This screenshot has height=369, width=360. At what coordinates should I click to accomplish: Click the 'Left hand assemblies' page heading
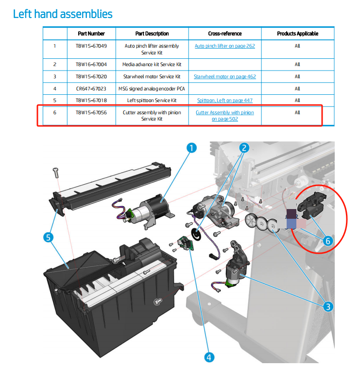coord(63,14)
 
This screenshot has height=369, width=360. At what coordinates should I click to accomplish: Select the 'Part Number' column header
coord(91,34)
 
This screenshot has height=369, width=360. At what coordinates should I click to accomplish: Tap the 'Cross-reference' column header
coord(224,34)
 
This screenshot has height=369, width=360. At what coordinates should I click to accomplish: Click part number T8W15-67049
coord(91,46)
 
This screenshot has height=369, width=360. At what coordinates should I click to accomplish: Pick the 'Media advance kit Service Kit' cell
coord(152,64)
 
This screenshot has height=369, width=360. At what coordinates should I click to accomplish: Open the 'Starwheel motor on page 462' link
coord(224,76)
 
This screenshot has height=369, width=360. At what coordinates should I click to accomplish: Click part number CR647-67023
coord(91,88)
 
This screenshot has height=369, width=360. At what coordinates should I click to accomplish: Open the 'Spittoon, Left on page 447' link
coord(224,100)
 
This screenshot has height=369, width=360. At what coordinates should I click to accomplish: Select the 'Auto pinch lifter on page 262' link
coord(224,46)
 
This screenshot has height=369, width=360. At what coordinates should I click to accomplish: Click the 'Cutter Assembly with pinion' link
coord(224,112)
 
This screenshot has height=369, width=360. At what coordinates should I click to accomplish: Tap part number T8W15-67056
coord(91,112)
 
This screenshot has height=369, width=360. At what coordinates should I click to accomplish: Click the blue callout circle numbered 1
coord(192,148)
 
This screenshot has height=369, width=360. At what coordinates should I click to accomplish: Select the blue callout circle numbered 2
coord(244,147)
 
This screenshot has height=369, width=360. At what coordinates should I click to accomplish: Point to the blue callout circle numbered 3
coord(328,306)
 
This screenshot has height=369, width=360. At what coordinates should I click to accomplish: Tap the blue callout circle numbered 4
coord(209,357)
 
